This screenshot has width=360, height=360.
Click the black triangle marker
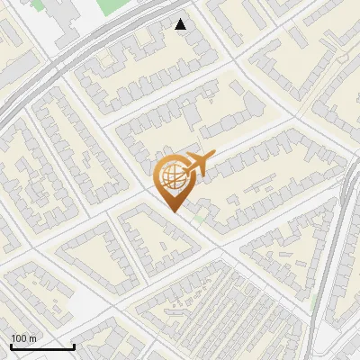181,25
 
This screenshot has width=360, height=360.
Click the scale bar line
42,346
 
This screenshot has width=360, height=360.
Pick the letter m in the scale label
33,338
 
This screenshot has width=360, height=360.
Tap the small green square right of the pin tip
197,217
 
